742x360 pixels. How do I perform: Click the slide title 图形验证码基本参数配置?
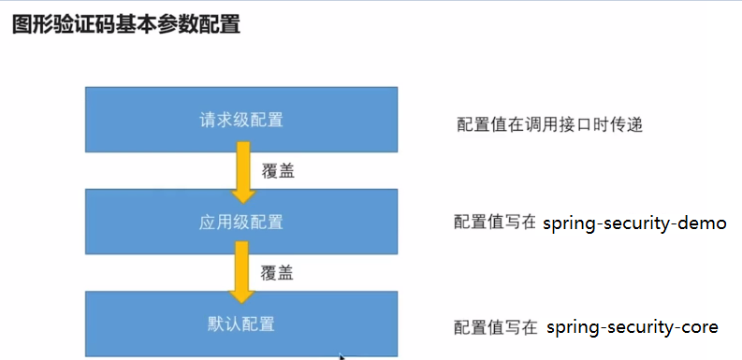pyautogui.click(x=126, y=25)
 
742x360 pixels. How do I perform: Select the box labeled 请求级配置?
pyautogui.click(x=240, y=119)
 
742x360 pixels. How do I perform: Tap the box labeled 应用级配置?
pyautogui.click(x=240, y=222)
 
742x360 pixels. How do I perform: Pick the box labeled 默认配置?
pyautogui.click(x=240, y=324)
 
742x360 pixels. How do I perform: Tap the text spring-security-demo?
pyautogui.click(x=634, y=223)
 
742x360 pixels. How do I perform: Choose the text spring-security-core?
pyautogui.click(x=632, y=326)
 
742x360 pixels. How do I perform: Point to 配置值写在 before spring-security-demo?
pyautogui.click(x=495, y=223)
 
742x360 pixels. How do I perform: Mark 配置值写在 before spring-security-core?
pyautogui.click(x=495, y=327)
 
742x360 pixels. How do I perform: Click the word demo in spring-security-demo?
pyautogui.click(x=704, y=223)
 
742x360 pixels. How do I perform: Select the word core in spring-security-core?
pyautogui.click(x=700, y=326)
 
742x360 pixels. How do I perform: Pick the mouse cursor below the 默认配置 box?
pyautogui.click(x=342, y=356)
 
